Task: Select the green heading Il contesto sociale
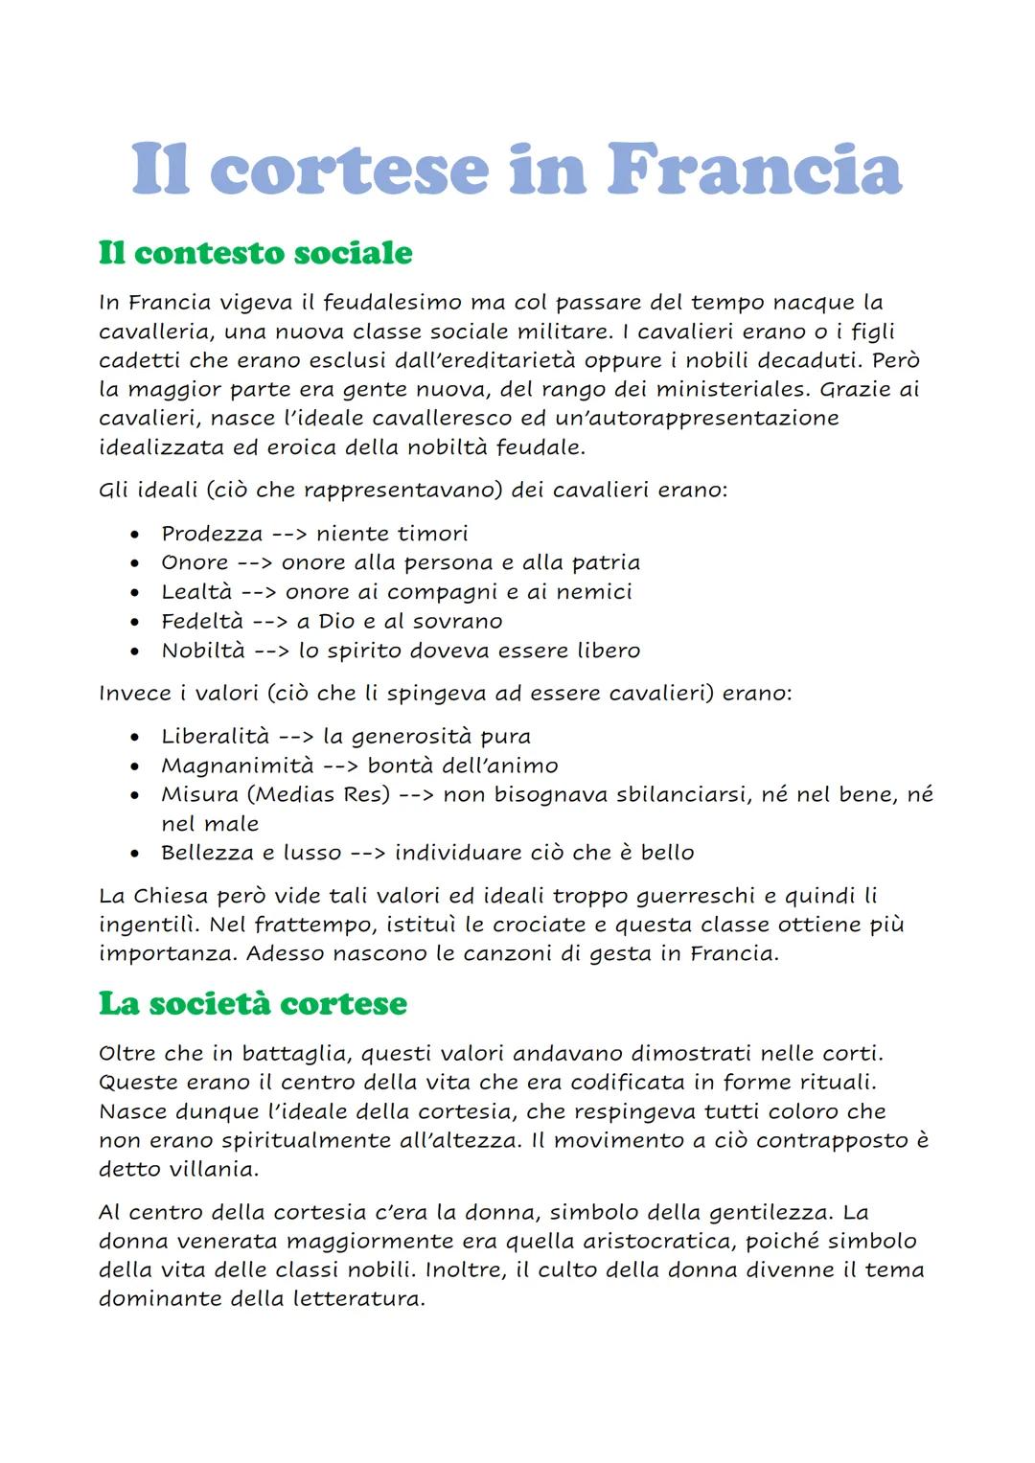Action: [x=255, y=253]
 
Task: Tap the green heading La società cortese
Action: [x=253, y=1003]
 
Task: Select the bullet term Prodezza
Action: [x=211, y=534]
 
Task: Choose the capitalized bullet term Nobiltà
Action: [x=200, y=651]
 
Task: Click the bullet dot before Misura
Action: [x=139, y=795]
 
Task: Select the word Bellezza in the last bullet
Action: [x=202, y=853]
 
